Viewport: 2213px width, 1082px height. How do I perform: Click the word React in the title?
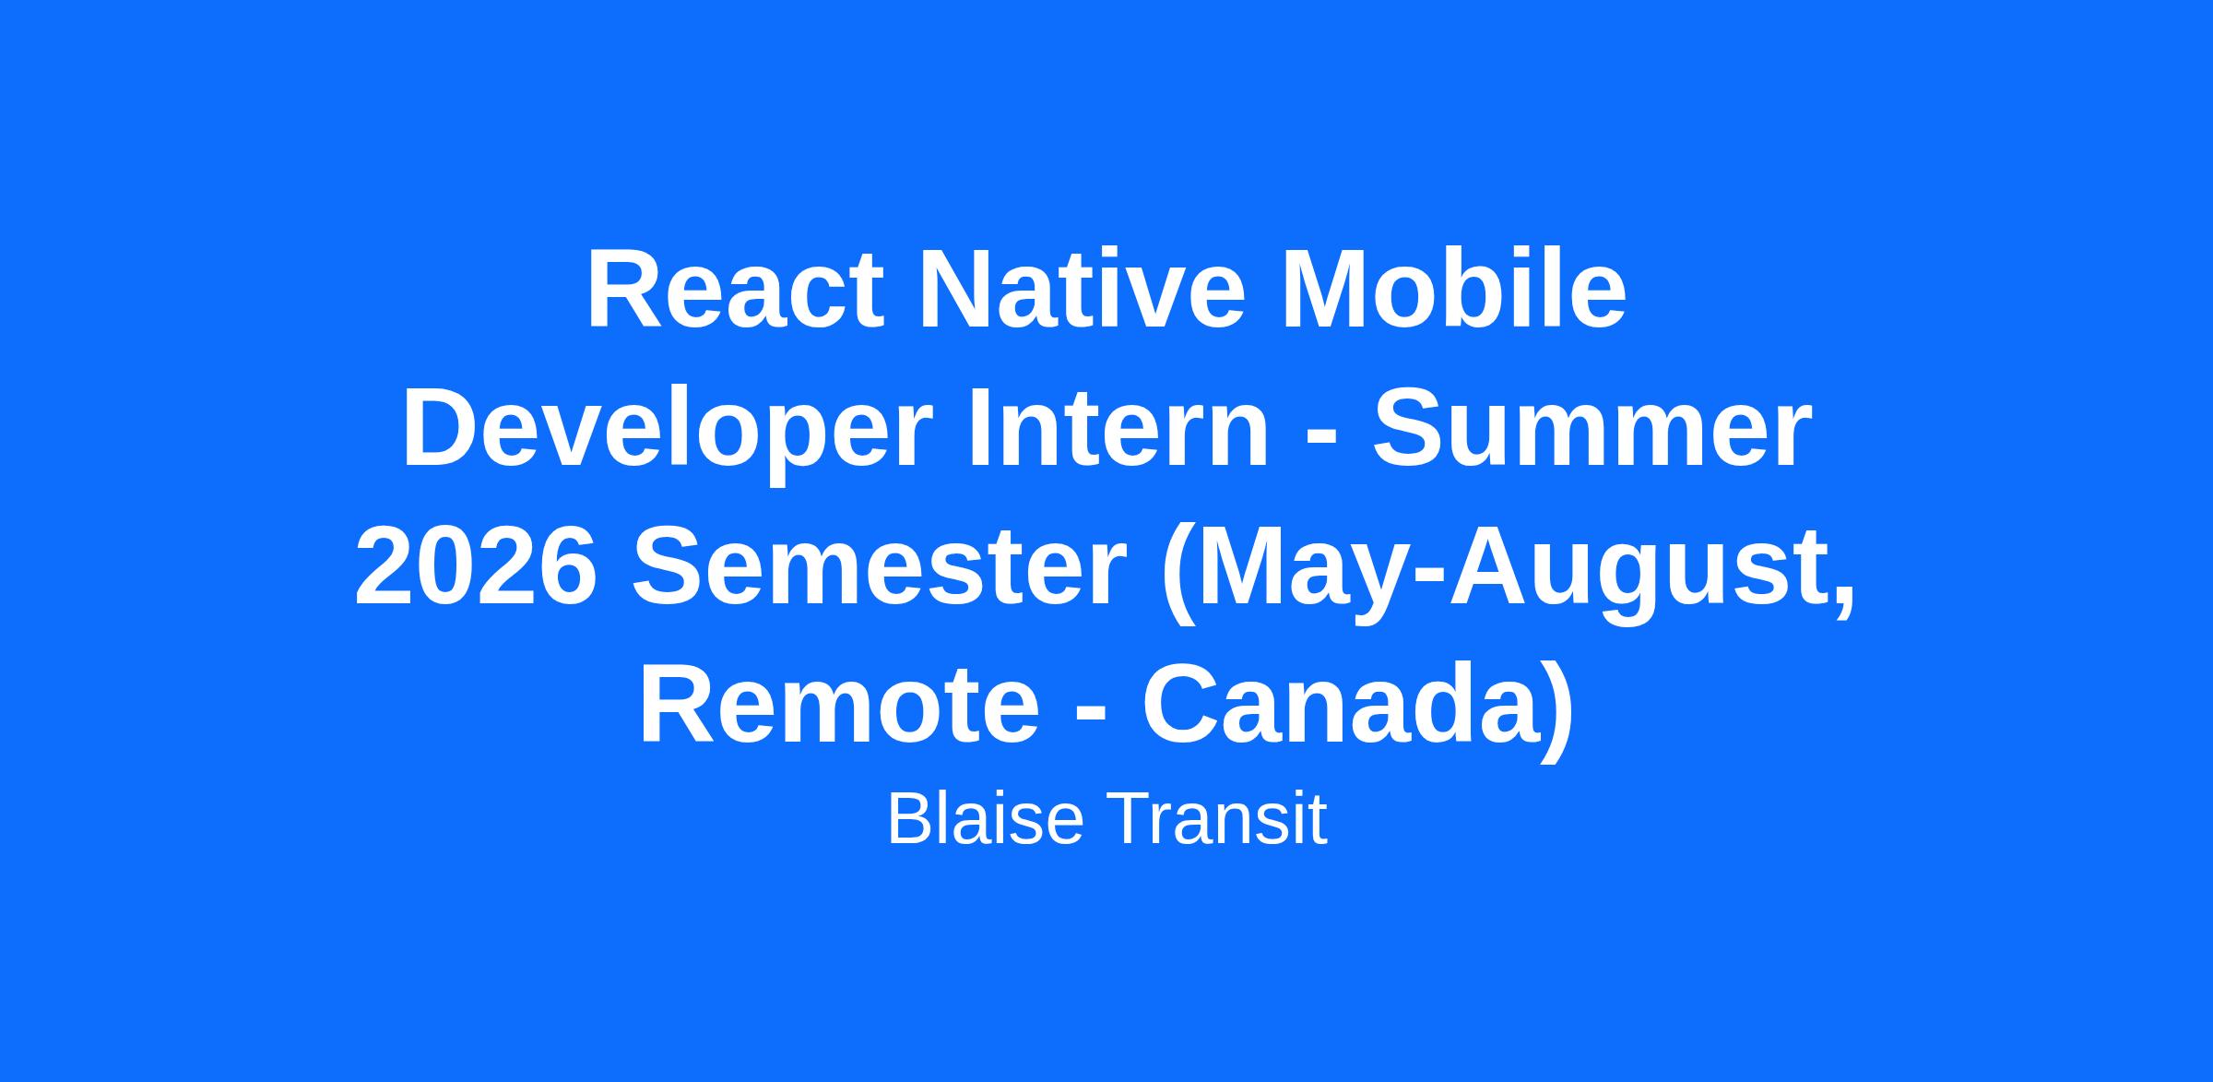click(x=735, y=290)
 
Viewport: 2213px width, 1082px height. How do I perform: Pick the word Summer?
click(x=1592, y=430)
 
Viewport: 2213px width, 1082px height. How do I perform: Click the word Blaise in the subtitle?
click(x=985, y=817)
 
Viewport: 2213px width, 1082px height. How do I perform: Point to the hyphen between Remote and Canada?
click(x=1091, y=715)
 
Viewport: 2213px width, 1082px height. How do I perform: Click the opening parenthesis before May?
click(x=1178, y=576)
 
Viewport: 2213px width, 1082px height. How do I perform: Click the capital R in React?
click(x=623, y=290)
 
